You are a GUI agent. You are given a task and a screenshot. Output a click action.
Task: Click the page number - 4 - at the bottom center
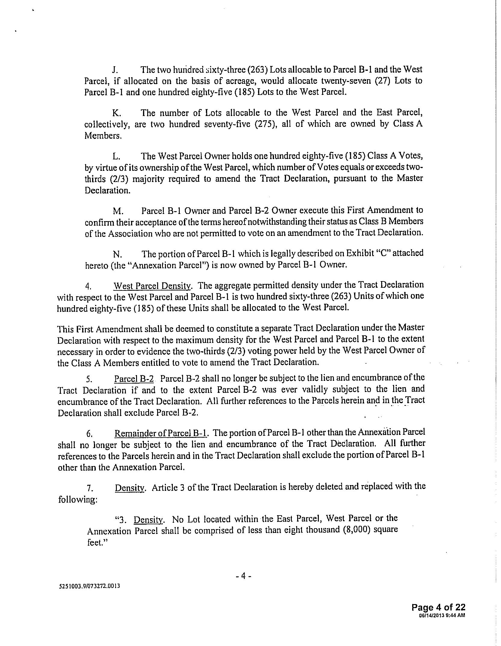point(243,576)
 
